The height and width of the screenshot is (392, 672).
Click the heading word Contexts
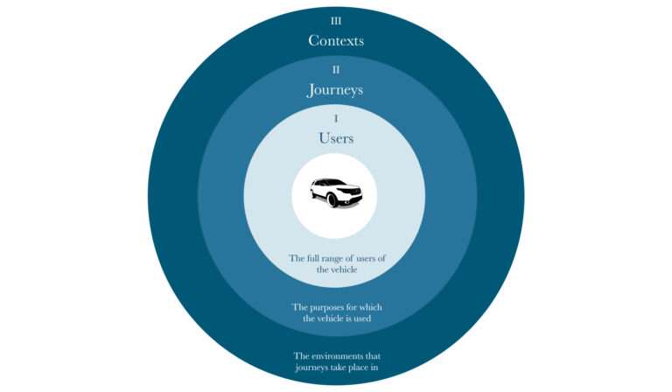[336, 41]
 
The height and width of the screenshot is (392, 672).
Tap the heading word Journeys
[335, 90]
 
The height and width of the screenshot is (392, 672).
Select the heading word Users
[336, 138]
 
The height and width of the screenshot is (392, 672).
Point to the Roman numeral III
[336, 21]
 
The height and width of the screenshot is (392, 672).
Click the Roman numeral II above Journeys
[336, 69]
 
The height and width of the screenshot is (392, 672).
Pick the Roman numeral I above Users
[336, 118]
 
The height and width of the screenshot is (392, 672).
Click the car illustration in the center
[336, 192]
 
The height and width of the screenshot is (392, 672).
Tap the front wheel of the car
[332, 200]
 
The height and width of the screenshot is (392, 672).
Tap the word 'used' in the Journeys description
[363, 318]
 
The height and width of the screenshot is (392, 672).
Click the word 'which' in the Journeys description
[371, 307]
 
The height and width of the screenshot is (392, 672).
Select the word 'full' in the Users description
[311, 258]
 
